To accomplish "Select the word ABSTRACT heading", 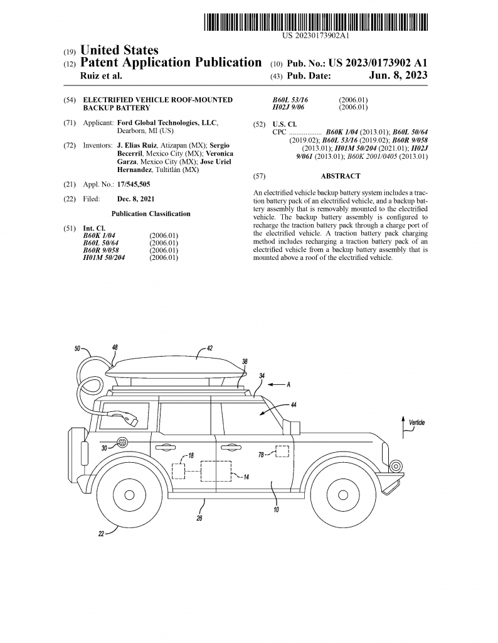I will coord(340,176).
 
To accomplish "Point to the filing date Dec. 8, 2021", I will coord(136,199).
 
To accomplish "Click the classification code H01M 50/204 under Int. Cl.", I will coord(104,257).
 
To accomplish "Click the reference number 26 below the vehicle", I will coord(199,519).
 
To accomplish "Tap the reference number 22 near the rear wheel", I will coord(101,535).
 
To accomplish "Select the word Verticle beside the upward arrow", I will coord(416,423).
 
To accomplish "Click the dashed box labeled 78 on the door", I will coord(282,451).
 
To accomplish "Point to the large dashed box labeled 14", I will coord(215,470).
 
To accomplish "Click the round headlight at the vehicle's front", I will coord(396,465).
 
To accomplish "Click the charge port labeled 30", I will coord(122,443).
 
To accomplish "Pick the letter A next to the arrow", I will coord(289,385).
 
